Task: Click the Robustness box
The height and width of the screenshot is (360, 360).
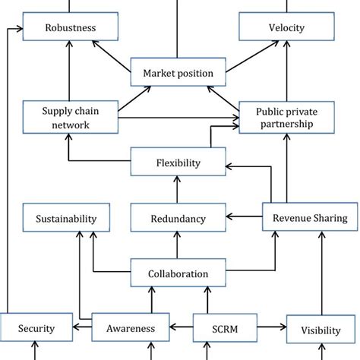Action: click(71, 28)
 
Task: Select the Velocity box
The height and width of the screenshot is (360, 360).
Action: click(286, 28)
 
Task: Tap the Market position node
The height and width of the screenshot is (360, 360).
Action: click(178, 73)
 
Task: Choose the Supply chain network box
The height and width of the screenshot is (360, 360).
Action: click(71, 118)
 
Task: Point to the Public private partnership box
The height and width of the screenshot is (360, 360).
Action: click(286, 118)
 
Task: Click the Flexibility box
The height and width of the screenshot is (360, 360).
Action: click(178, 162)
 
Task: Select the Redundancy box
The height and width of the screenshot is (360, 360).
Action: click(178, 219)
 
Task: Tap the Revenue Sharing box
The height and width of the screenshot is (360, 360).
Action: click(309, 218)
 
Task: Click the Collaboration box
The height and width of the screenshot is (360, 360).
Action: click(178, 273)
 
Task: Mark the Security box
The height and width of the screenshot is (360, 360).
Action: click(36, 328)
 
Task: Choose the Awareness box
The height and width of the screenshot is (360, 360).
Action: click(130, 328)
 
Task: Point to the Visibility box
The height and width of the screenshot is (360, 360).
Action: click(320, 330)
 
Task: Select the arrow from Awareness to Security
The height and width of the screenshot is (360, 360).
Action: click(83, 328)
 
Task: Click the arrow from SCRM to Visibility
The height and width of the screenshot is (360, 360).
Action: click(274, 328)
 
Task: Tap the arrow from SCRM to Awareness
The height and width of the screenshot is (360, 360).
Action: click(181, 328)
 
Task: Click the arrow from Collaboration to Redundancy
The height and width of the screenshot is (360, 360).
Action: click(178, 245)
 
